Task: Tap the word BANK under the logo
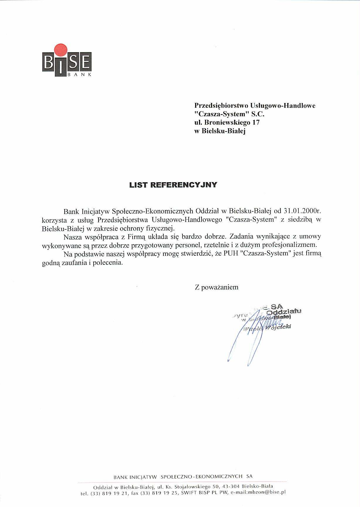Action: tap(80, 75)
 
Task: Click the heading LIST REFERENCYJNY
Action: tap(173, 185)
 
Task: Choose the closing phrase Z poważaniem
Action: tap(217, 287)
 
